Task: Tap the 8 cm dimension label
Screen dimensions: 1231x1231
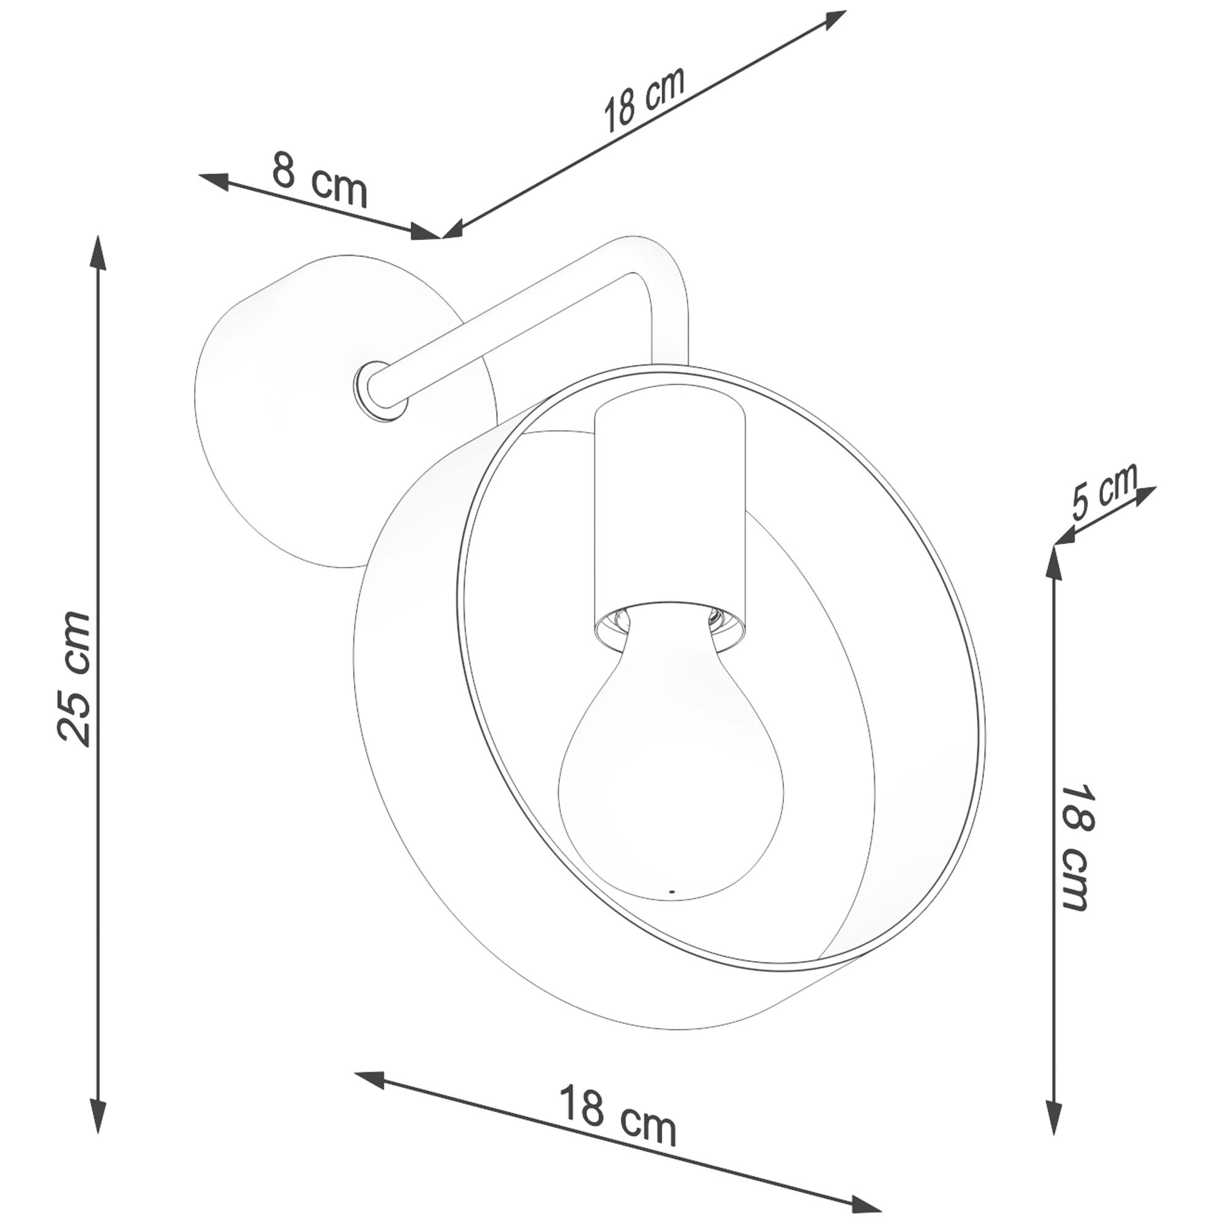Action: click(x=320, y=180)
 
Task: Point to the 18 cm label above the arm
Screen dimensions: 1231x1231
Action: click(x=644, y=98)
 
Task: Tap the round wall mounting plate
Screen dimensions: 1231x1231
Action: click(x=280, y=408)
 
